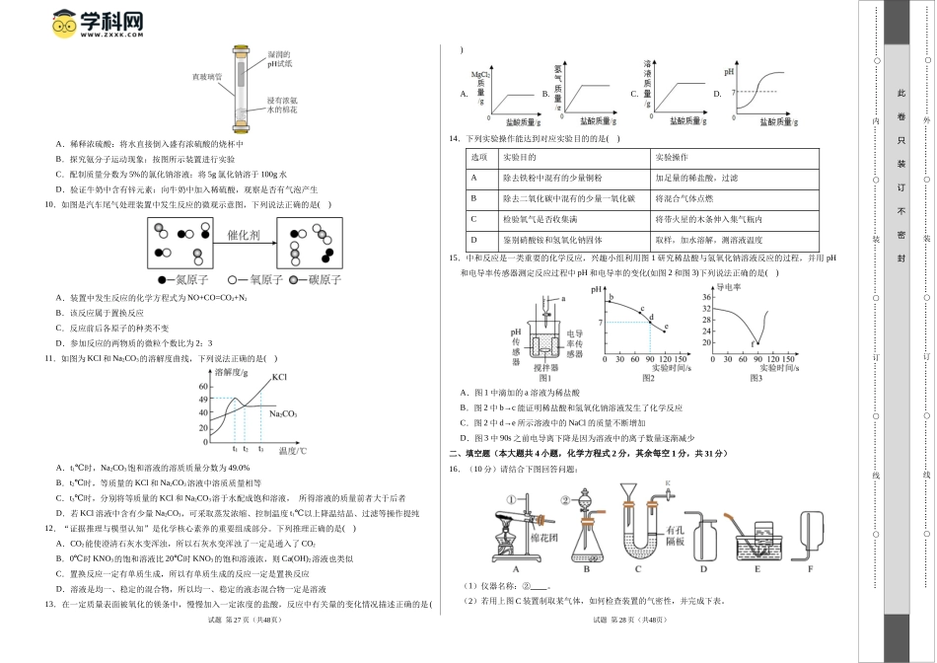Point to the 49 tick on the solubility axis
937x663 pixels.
pyautogui.click(x=203, y=399)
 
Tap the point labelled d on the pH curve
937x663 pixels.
pyautogui.click(x=650, y=317)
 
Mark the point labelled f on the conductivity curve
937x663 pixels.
pyautogui.click(x=755, y=340)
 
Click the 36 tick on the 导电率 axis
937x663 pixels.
pyautogui.click(x=706, y=297)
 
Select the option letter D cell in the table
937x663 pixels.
pyautogui.click(x=473, y=240)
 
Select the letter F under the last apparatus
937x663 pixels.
pyautogui.click(x=810, y=569)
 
